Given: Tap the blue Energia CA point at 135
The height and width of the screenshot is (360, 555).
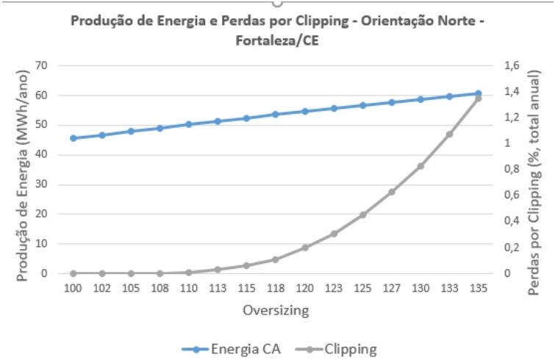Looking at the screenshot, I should [478, 93].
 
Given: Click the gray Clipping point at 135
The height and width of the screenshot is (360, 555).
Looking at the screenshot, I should [478, 98].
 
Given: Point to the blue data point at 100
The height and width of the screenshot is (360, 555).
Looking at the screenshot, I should [73, 138].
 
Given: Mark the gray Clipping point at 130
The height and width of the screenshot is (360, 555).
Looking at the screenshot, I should [420, 166].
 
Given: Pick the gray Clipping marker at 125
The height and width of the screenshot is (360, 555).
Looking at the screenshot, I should [362, 215].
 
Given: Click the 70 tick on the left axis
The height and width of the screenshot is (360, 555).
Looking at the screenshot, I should [41, 65].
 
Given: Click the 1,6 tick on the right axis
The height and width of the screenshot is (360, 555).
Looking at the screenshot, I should [512, 65].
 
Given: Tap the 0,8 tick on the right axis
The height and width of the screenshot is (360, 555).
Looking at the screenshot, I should [512, 169].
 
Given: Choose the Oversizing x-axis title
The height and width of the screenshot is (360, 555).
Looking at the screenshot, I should [276, 311].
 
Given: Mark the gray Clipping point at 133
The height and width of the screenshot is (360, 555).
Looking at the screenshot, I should [449, 134].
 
